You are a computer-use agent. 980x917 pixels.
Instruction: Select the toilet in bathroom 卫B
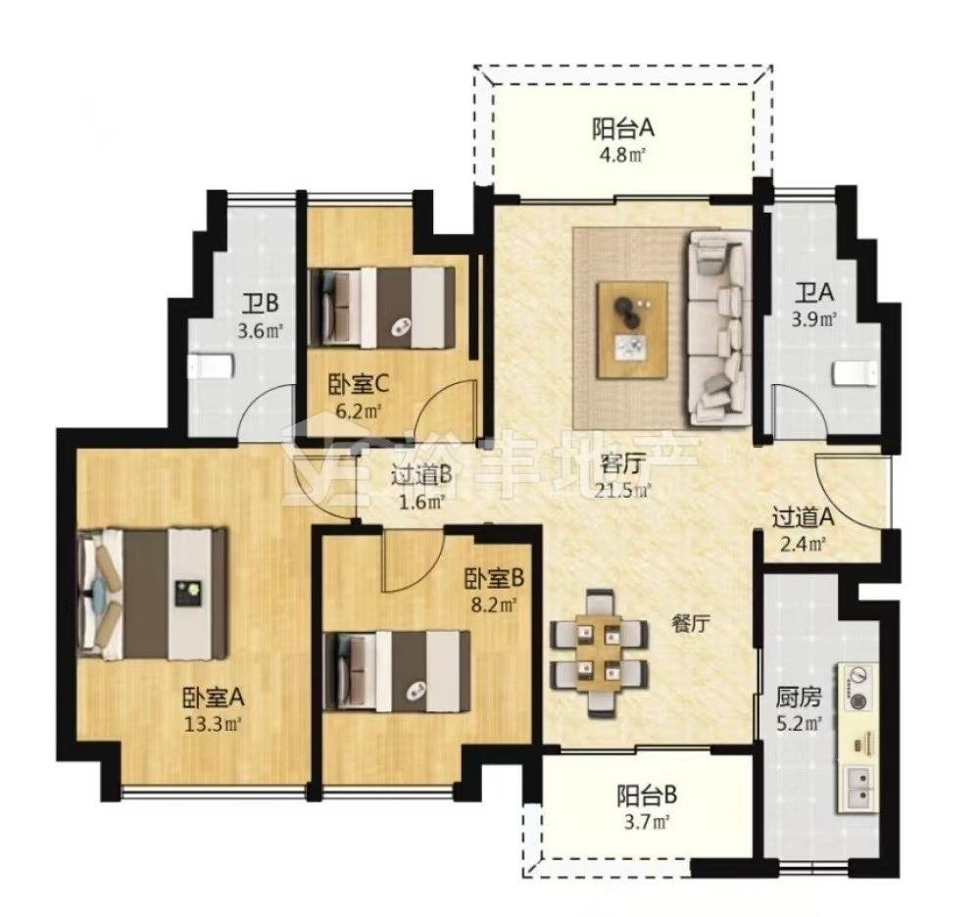(212, 366)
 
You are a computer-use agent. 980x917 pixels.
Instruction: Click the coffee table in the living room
(632, 330)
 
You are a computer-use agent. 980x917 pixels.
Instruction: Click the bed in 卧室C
(381, 308)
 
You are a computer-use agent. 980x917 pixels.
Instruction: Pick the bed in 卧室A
(152, 594)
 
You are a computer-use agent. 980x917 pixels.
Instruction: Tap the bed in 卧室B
(397, 671)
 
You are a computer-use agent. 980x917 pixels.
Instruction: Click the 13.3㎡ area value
(213, 725)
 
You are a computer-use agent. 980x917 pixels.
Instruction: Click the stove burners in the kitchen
(857, 687)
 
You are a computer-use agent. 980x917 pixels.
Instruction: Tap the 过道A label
(804, 518)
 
